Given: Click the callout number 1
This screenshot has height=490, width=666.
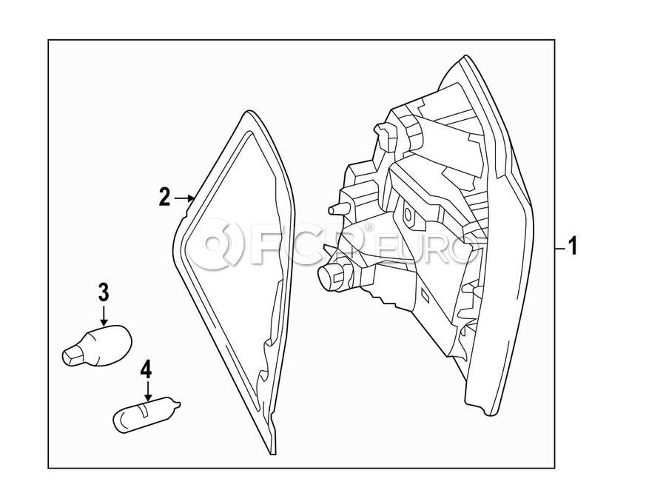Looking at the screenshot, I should pos(571,246).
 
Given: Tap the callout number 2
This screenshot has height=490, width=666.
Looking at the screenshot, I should pos(164,197).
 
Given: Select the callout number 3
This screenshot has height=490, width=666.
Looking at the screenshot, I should pos(104,292).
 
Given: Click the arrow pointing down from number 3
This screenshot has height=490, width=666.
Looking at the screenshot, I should pos(104,314).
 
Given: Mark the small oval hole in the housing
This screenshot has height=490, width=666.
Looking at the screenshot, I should pos(408,215).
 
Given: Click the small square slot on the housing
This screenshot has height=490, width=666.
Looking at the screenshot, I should pos(425,294).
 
